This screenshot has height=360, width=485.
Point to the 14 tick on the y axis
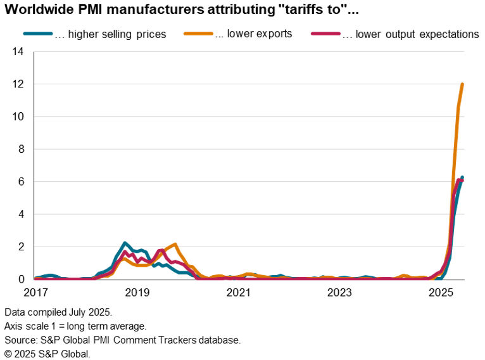(19, 52)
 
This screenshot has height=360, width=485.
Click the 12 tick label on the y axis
(19, 84)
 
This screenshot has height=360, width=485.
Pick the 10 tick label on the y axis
(19, 117)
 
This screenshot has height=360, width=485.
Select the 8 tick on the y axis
(22, 150)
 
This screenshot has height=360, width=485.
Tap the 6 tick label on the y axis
(22, 182)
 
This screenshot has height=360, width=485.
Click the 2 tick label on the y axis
(22, 247)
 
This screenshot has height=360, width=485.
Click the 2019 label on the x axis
(137, 293)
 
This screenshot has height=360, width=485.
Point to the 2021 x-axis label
(238, 293)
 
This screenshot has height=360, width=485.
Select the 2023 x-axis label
(339, 293)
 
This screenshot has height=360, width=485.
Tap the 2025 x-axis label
(441, 293)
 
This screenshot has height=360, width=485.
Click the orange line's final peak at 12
(463, 84)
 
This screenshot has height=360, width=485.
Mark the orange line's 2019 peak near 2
(175, 244)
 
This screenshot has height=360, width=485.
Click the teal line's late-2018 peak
(125, 243)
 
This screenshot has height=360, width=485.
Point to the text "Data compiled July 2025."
(58, 312)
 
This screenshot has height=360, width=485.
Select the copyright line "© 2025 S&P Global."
(47, 353)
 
